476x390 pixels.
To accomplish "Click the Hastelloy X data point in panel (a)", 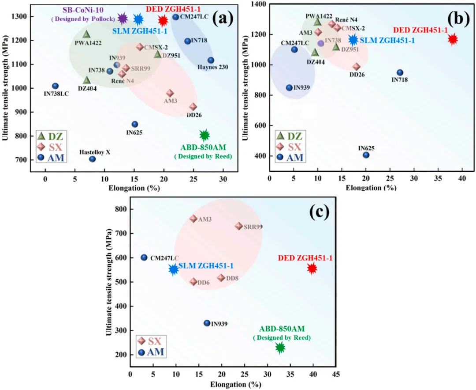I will [92, 159].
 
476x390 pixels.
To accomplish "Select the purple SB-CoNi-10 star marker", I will [123, 19].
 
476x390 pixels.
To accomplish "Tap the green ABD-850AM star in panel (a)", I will [204, 136].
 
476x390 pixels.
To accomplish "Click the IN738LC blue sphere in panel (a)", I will [55, 86].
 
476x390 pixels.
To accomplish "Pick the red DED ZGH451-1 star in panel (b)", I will [452, 40].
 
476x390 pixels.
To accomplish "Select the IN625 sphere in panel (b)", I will [366, 155].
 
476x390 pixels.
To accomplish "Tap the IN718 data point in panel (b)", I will [400, 72].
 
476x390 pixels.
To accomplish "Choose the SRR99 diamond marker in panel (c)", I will [239, 226].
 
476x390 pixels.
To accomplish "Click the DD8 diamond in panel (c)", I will [221, 278].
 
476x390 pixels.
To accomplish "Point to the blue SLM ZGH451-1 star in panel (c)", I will [174, 269].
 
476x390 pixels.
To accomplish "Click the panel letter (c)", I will [319, 212].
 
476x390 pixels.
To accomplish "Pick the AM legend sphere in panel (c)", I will [141, 352].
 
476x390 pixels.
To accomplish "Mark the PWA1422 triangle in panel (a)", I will [86, 34].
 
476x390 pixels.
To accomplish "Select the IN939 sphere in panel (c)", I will [207, 323].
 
